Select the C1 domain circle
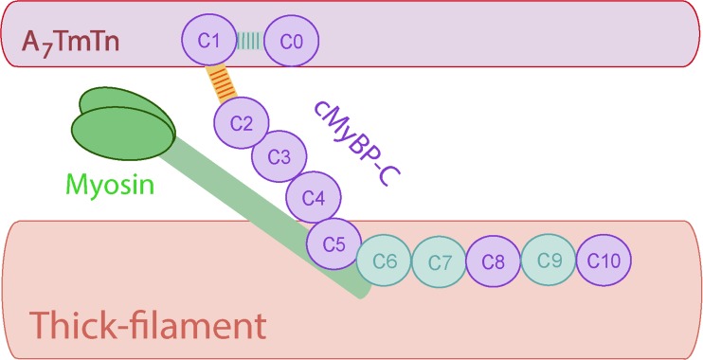(209, 41)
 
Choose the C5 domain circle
(333, 243)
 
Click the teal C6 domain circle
(384, 259)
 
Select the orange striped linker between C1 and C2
(224, 81)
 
